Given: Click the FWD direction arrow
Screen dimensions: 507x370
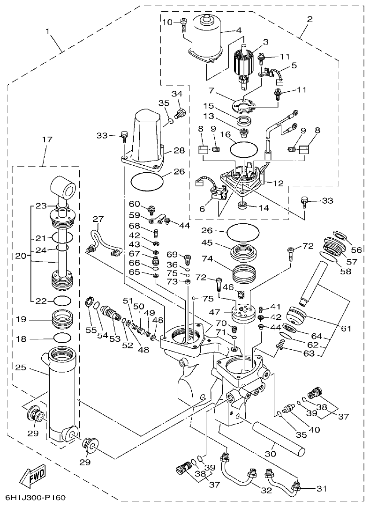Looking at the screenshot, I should [x=33, y=476].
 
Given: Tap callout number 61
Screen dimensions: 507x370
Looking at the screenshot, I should [x=346, y=329].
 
